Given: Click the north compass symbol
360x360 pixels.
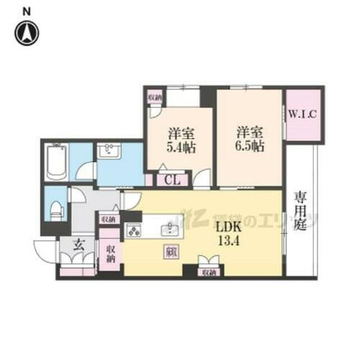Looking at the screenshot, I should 26,31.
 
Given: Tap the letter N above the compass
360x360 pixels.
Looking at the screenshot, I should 26,10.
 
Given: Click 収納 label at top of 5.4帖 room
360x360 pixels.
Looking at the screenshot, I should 154,96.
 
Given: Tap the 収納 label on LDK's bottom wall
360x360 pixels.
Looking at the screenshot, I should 208,274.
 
